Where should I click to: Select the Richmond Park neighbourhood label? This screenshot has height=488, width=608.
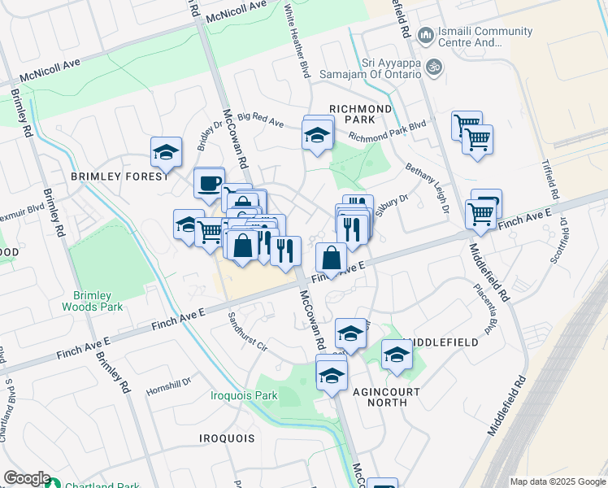coord(361,114)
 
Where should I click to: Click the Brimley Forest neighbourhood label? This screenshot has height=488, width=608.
coord(119,176)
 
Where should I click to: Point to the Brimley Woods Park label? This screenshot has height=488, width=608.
coord(92,301)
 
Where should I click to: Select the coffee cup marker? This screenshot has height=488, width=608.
coord(210,182)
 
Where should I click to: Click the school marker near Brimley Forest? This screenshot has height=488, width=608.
coord(166,152)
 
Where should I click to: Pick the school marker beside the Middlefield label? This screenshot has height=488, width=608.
coord(397,355)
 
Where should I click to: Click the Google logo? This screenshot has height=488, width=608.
coord(27,478)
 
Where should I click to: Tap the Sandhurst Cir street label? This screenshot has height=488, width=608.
coord(248,331)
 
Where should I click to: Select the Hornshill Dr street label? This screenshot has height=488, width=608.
coord(168,381)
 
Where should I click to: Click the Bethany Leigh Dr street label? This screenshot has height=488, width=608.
coord(428,188)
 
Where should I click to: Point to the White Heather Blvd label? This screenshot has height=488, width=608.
coord(297,41)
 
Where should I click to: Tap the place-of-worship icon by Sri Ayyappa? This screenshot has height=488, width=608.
coord(435,67)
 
